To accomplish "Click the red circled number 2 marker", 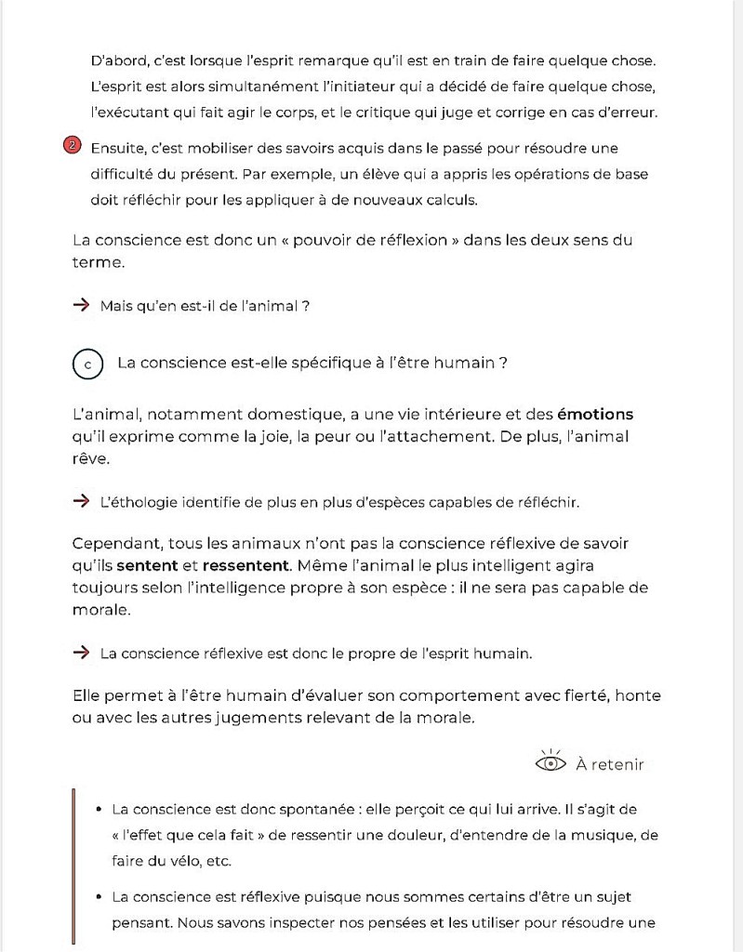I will [x=73, y=147].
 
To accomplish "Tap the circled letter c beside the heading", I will [x=87, y=364].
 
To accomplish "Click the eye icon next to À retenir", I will [x=551, y=763].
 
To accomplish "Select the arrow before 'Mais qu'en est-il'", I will [x=81, y=305].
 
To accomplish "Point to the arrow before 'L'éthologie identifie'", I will [x=81, y=502].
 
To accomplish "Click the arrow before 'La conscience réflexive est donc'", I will [x=81, y=653].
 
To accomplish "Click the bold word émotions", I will [x=595, y=414].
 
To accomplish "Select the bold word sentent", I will [x=147, y=565].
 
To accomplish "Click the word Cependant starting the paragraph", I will [x=113, y=543].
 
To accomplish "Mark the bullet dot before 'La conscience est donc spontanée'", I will [x=98, y=809].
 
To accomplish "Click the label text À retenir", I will [x=609, y=764].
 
